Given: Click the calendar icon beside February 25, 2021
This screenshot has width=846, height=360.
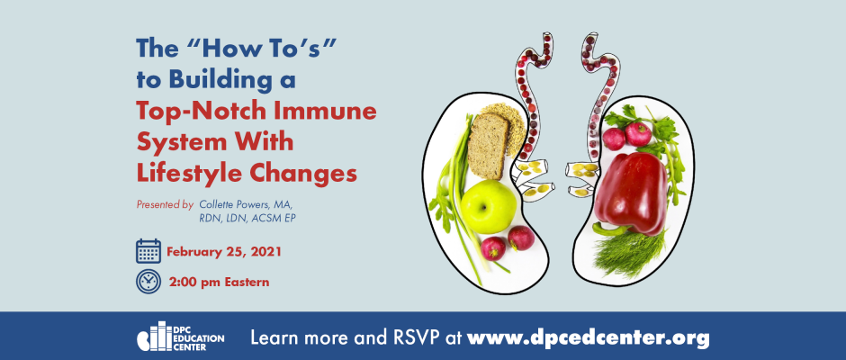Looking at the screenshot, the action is click(148, 251).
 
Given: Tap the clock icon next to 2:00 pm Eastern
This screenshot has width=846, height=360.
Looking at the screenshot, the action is click(148, 281).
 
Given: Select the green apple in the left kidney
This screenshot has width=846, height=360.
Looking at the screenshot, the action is click(489, 207).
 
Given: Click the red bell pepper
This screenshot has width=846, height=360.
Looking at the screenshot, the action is click(631, 192).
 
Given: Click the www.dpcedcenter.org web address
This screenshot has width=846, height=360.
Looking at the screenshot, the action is click(588, 339).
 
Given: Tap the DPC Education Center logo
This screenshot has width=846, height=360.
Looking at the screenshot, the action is click(181, 337).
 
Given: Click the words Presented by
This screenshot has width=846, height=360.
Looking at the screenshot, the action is click(165, 205).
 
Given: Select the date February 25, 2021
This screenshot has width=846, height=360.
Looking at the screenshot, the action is click(224, 252).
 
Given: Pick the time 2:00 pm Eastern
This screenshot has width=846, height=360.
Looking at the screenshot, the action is click(219, 282).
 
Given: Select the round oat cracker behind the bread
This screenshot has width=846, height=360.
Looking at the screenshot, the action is click(505, 127).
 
